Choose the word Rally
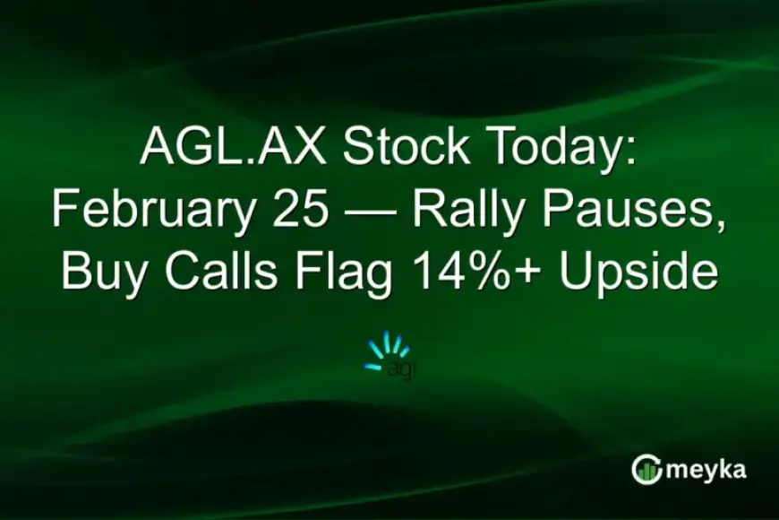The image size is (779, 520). (469, 211)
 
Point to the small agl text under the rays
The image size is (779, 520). (400, 368)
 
